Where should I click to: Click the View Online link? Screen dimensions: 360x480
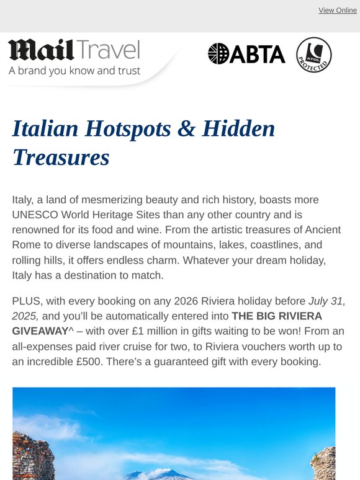338,11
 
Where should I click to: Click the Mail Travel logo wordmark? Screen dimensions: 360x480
74,50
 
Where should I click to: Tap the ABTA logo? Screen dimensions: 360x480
246,54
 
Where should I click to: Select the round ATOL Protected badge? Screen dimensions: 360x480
313,55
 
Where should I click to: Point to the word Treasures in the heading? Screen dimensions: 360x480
61,158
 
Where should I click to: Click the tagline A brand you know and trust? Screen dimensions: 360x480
74,71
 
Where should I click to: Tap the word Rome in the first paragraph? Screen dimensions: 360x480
26,244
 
